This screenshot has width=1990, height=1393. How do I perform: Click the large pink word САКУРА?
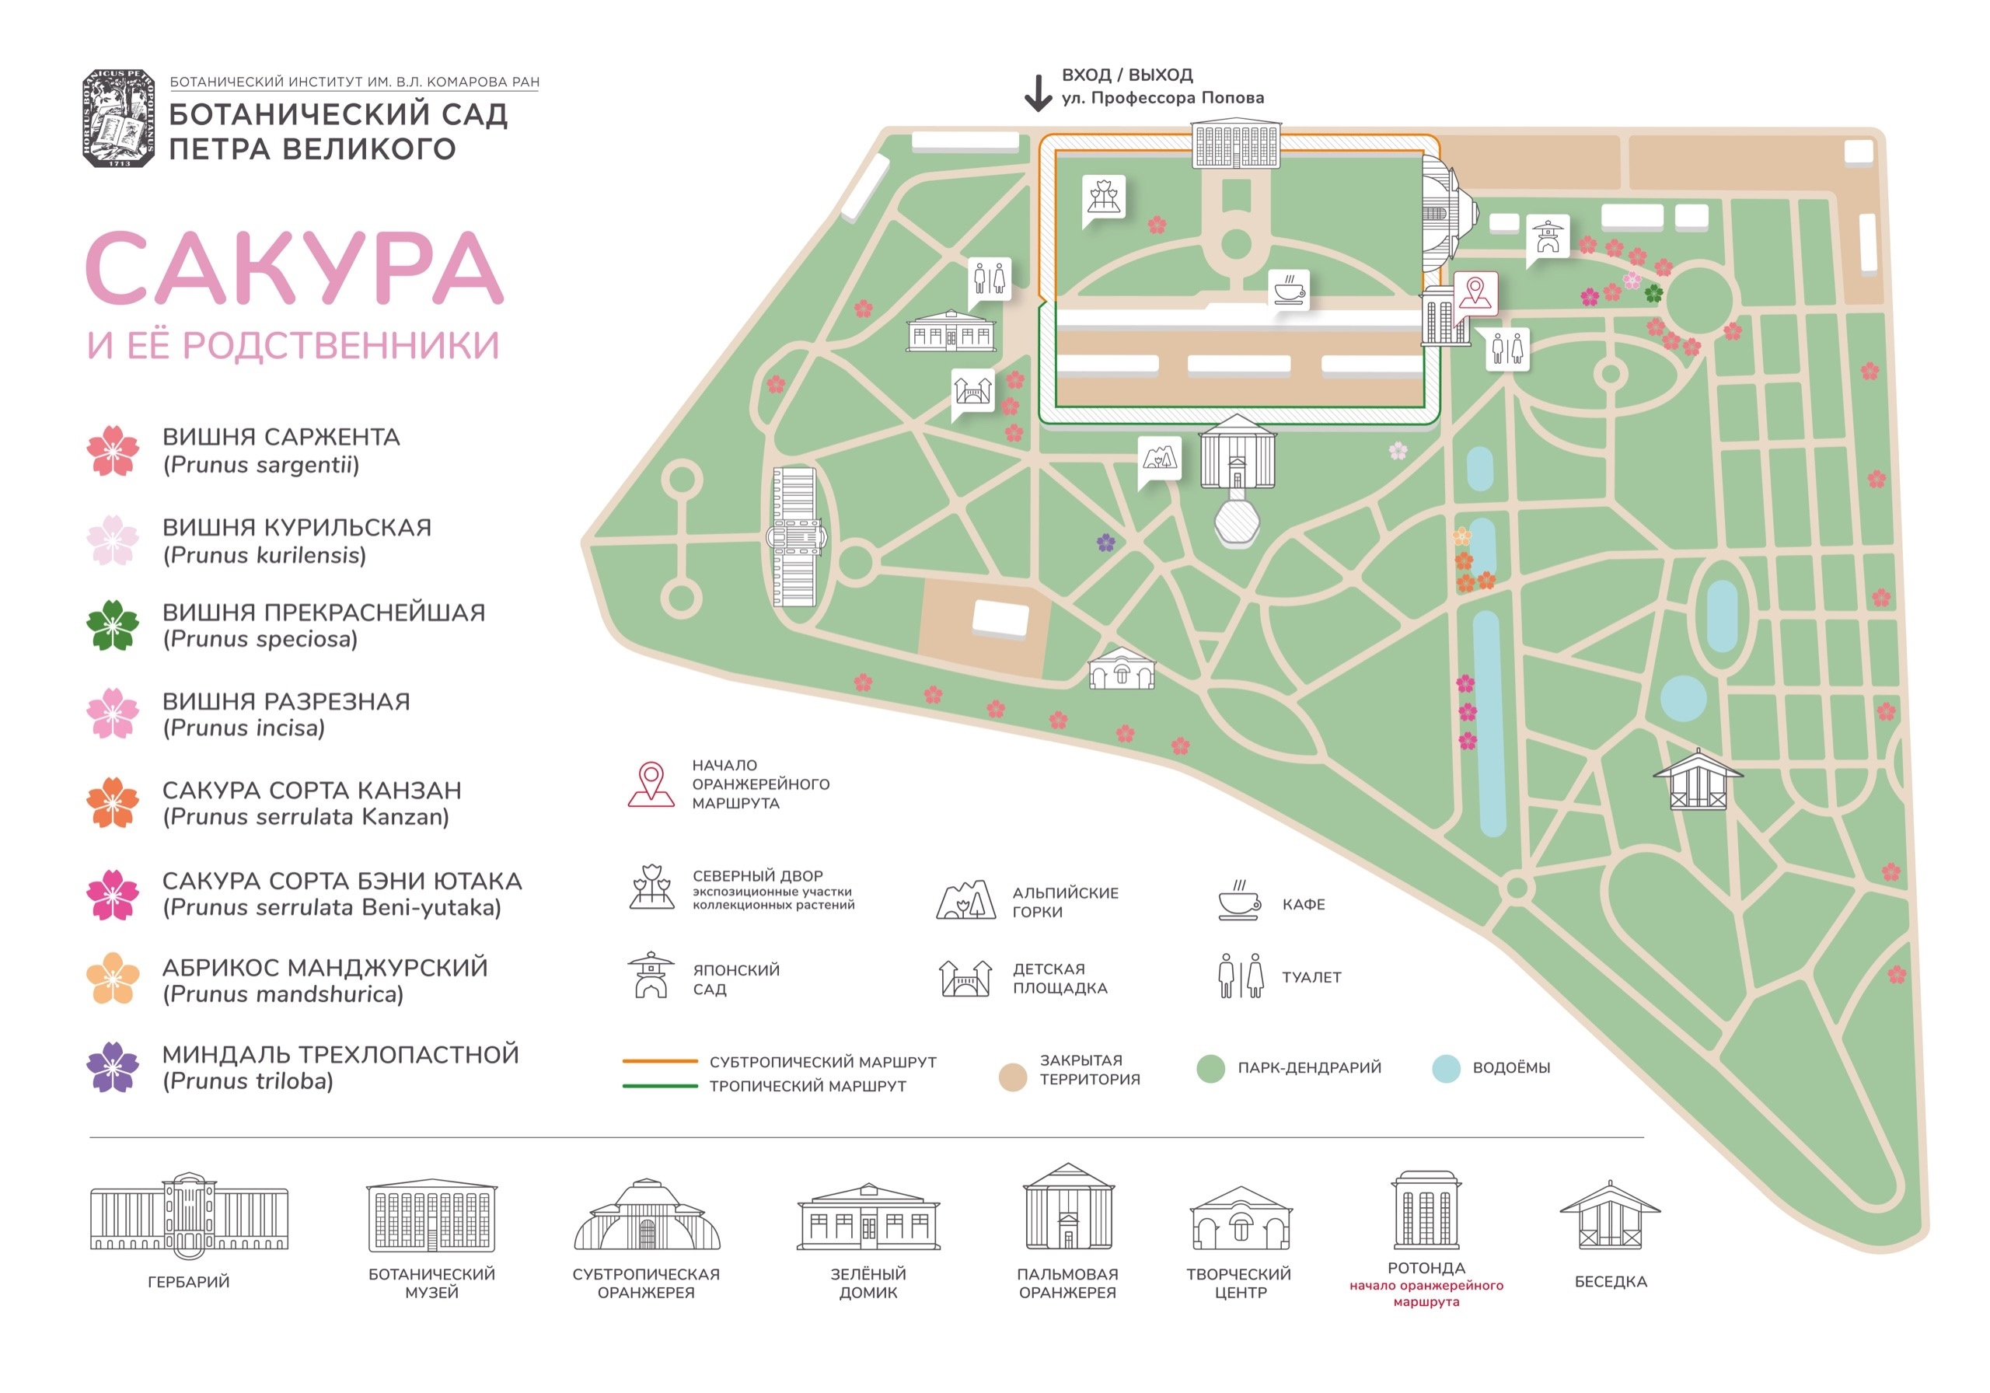[295, 268]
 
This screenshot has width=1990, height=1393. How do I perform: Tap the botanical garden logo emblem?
[119, 118]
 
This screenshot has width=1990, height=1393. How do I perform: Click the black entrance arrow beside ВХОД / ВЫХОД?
[1038, 93]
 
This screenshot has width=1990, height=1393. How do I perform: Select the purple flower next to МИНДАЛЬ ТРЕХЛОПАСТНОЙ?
[113, 1067]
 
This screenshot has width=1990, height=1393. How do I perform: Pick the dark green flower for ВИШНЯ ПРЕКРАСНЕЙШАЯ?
[113, 625]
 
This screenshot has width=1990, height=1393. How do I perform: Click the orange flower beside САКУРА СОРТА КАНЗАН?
[113, 803]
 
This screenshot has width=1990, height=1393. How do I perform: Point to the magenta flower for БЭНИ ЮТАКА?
[113, 894]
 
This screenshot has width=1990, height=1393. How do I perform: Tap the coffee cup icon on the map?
[1289, 288]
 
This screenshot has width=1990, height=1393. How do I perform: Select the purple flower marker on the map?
[1105, 543]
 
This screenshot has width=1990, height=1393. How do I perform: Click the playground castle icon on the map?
[972, 391]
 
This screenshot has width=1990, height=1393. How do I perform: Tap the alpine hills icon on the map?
[1160, 457]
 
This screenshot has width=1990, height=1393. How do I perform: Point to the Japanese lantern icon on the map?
[1547, 236]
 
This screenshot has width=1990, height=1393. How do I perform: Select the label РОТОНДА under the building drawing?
[1426, 1267]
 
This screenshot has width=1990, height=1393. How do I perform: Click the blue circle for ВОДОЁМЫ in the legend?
[1446, 1068]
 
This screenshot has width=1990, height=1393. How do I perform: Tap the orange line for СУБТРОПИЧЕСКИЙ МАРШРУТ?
[660, 1061]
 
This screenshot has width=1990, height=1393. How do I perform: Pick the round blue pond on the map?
[1683, 699]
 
